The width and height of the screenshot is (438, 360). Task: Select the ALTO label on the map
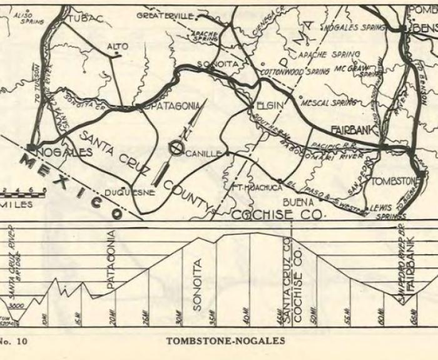[118, 46]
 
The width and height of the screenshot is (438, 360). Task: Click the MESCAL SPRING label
[330, 102]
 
